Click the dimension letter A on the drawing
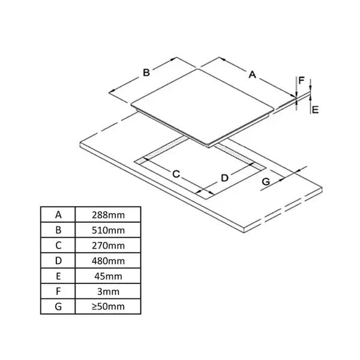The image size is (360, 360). [x=253, y=75]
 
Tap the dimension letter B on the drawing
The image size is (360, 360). [x=146, y=73]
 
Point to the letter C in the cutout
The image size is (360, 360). [x=176, y=174]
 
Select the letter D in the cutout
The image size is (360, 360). [x=224, y=178]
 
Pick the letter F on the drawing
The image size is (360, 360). [x=302, y=80]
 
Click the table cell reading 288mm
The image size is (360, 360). [x=109, y=214]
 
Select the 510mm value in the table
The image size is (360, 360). [x=109, y=230]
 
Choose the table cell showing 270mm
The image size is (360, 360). [x=109, y=245]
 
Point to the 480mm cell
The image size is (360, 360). [x=109, y=261]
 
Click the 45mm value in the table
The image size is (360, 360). [x=109, y=277]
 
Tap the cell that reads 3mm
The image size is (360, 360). [x=109, y=292]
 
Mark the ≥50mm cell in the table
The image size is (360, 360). [x=109, y=308]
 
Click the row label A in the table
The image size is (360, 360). [x=58, y=214]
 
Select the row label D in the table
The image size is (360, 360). [x=58, y=261]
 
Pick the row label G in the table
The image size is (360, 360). [x=58, y=308]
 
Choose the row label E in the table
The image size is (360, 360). [x=58, y=277]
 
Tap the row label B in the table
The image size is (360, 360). [x=58, y=230]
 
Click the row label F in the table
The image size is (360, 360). [x=58, y=292]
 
